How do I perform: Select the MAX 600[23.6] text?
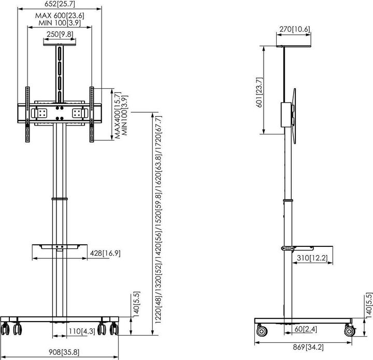60,16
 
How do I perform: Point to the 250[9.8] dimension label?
59,34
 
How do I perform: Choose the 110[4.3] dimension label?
81,330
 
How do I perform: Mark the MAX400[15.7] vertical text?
118,115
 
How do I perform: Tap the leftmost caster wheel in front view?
6,328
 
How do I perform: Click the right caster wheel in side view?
348,329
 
